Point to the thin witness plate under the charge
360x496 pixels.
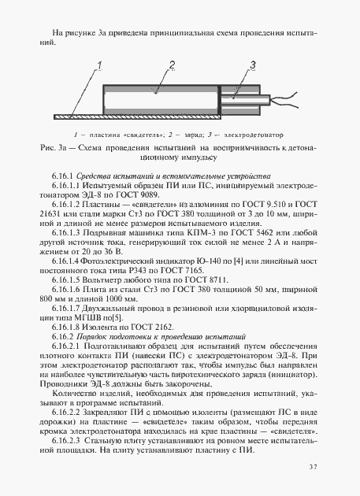pos(158,117)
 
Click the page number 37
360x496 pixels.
pos(313,468)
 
